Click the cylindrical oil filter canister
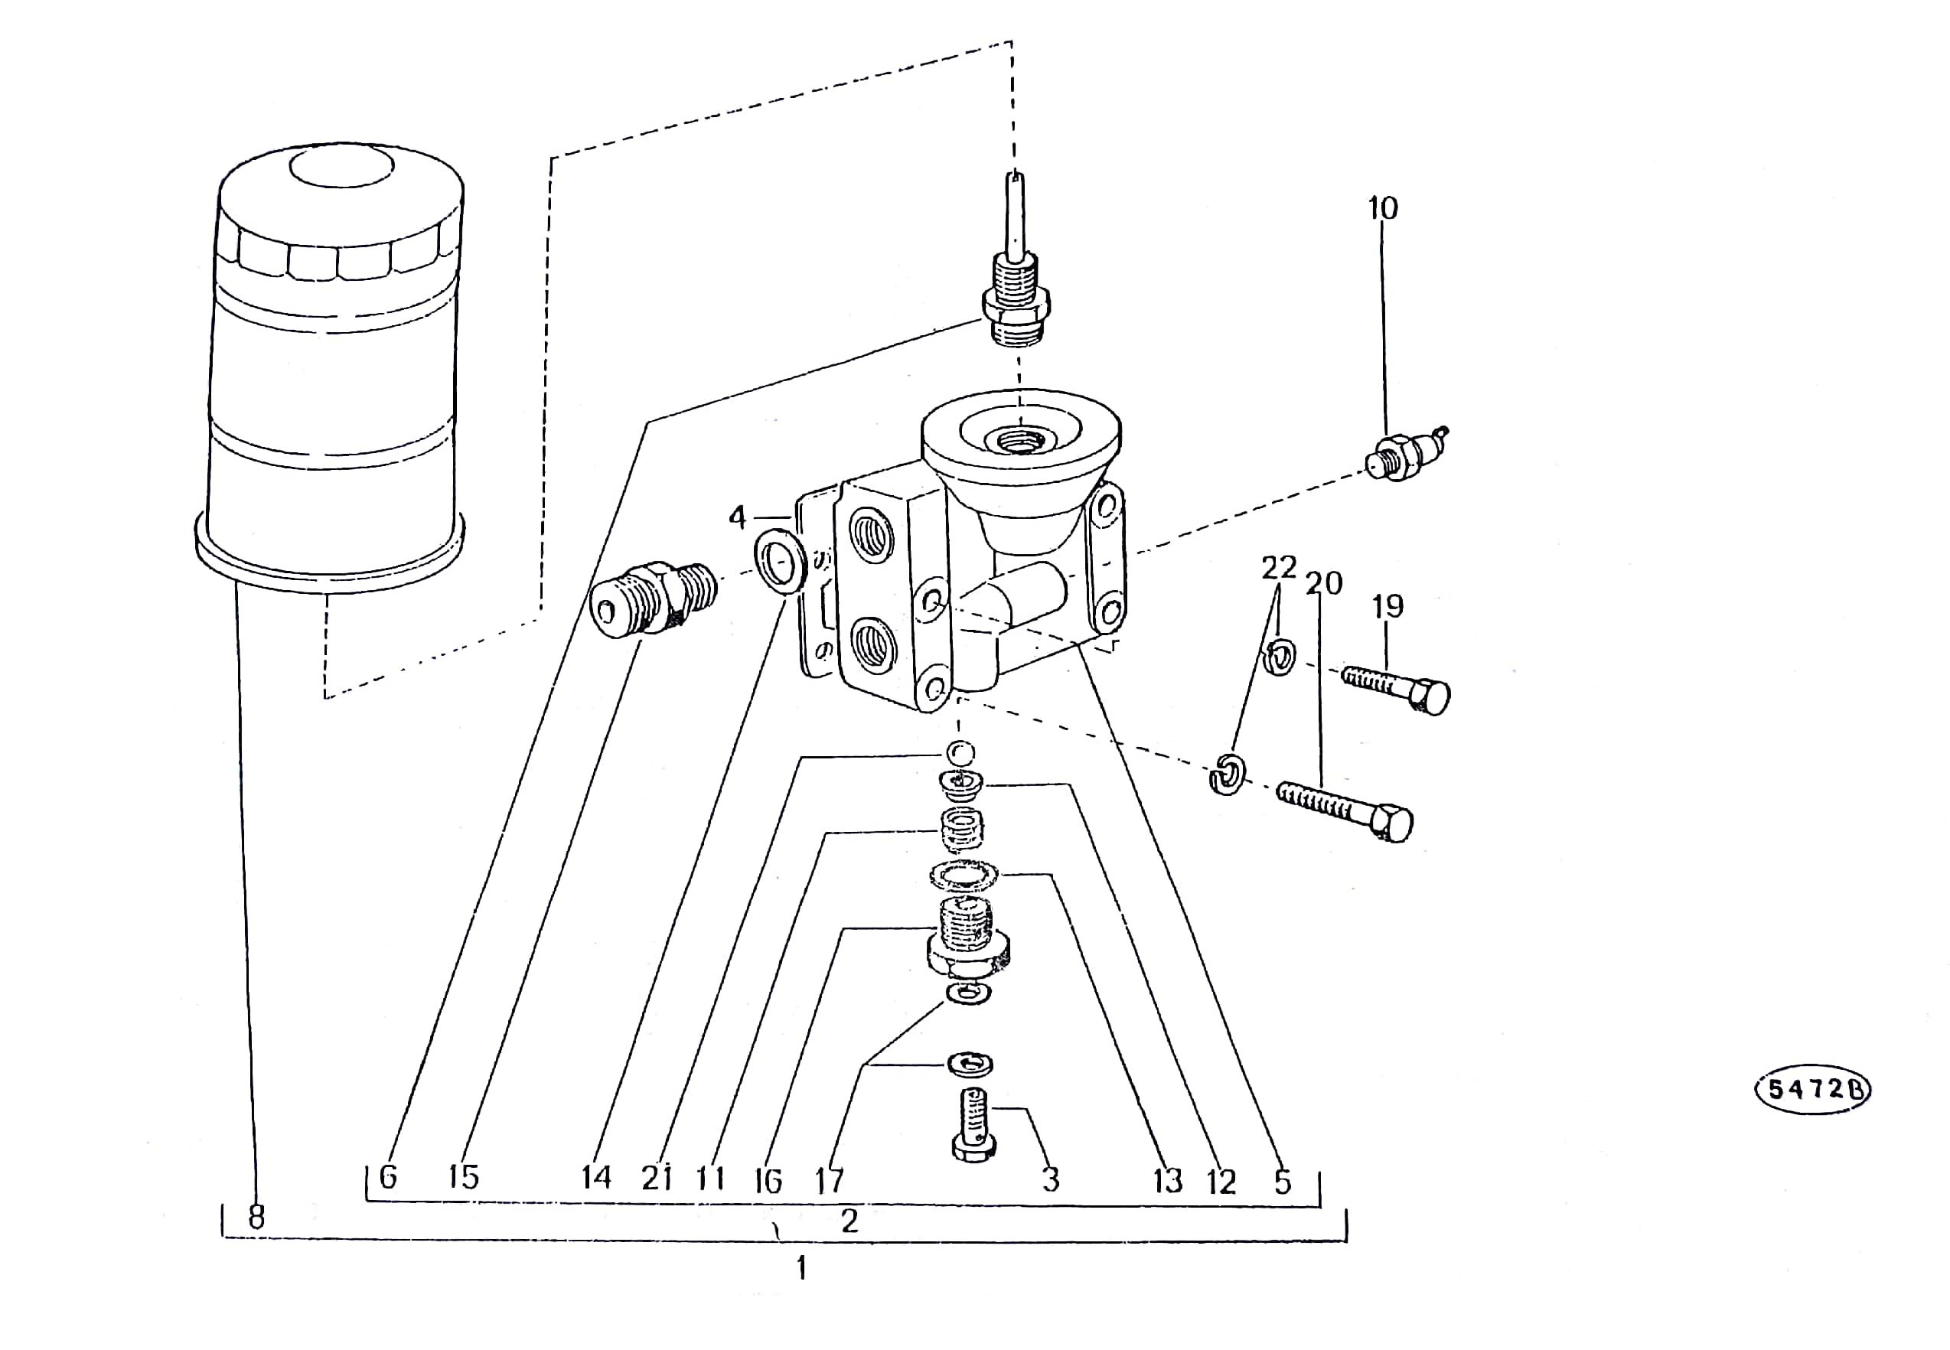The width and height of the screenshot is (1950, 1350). [330, 368]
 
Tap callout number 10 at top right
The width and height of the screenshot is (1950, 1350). [1383, 208]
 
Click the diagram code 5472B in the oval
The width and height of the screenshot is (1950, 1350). [1813, 1088]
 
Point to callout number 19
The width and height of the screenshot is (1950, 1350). [1387, 605]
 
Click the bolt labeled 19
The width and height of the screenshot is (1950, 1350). [1395, 689]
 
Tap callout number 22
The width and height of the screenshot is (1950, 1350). [1279, 567]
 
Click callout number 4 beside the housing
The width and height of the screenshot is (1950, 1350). [738, 517]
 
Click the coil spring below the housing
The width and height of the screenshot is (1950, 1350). [962, 828]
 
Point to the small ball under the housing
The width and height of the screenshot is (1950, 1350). [960, 752]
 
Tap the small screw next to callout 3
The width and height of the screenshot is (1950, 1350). [974, 1124]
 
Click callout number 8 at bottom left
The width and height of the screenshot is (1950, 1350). [256, 1216]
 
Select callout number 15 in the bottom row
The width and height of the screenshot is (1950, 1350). [464, 1176]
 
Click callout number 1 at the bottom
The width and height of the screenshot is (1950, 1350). [801, 1268]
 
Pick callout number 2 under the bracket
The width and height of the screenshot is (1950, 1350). [849, 1221]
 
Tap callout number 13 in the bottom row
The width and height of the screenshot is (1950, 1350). [1168, 1181]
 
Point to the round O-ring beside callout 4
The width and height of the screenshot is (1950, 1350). [780, 561]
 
